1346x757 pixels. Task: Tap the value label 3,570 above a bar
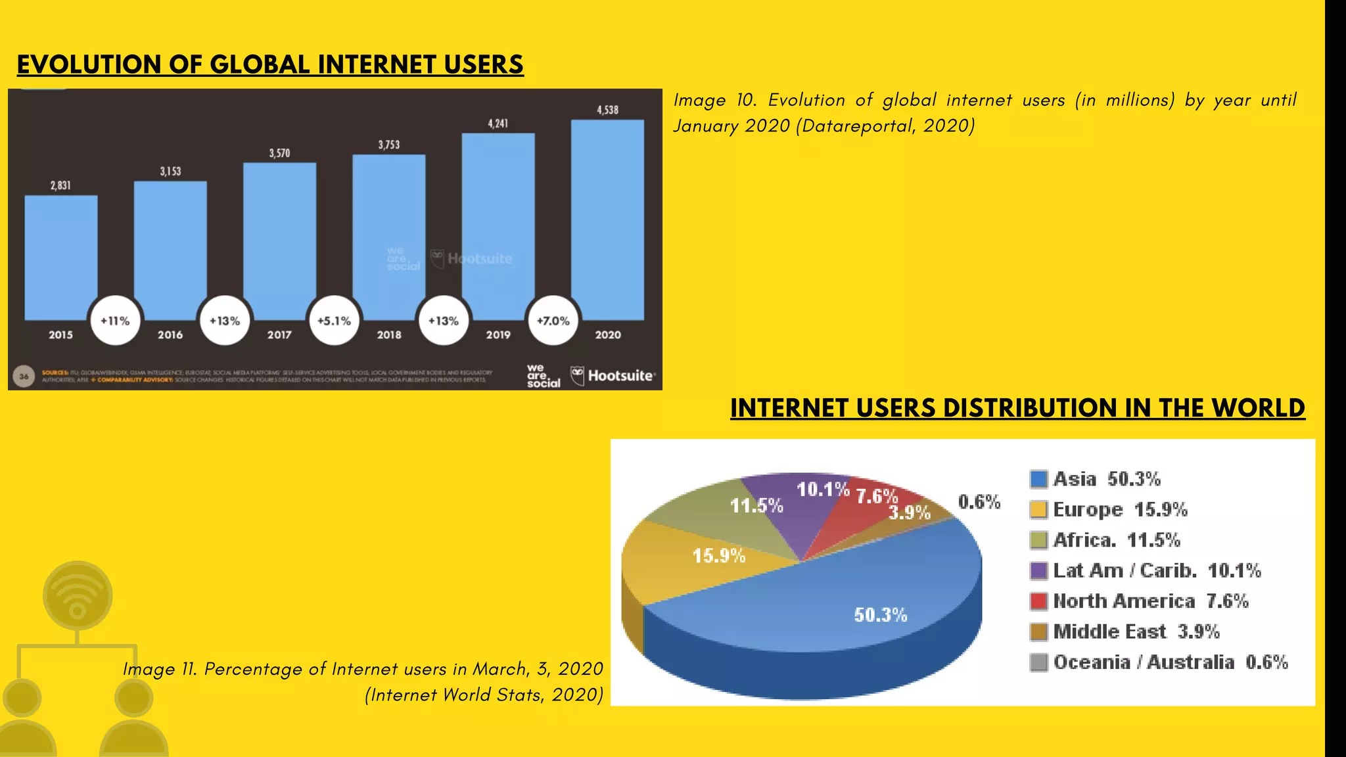279,153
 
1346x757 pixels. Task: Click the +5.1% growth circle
334,321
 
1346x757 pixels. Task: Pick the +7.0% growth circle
553,321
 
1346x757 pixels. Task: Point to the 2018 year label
389,335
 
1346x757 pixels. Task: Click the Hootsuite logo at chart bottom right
613,376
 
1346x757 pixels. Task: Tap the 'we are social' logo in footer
543,376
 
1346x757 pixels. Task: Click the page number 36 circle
24,377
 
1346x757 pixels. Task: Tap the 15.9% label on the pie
719,556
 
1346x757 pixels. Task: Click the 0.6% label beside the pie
979,502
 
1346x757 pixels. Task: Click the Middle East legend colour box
1038,631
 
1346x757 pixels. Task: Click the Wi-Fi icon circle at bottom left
78,595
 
